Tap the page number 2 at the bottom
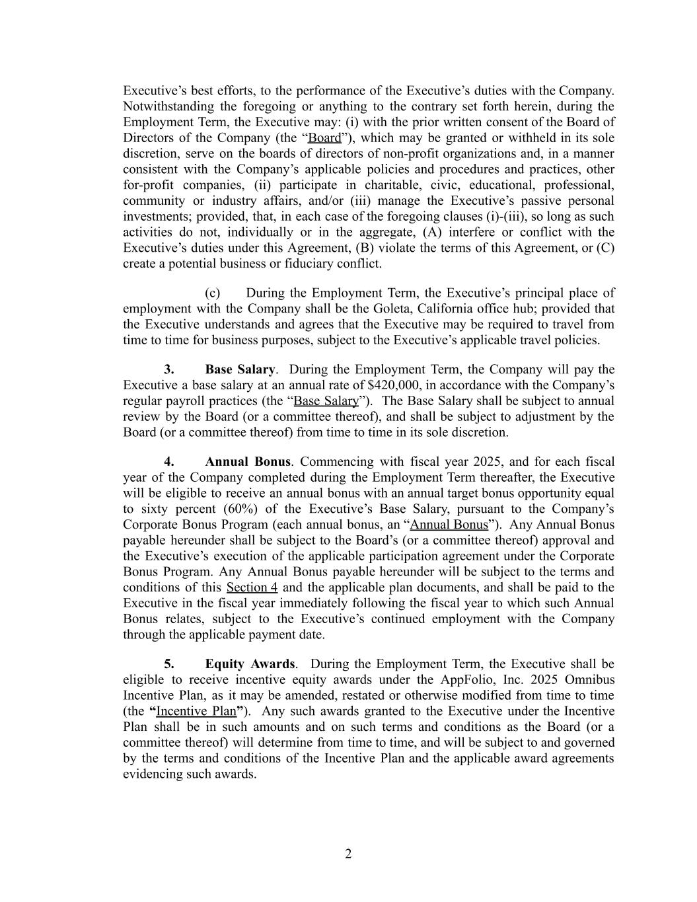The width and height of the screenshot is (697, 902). coord(348,854)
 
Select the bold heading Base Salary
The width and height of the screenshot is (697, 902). coord(240,369)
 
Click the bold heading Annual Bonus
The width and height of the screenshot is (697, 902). coord(248,461)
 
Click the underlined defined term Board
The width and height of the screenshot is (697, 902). coord(324,138)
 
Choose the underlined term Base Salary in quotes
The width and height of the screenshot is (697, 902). coord(326,401)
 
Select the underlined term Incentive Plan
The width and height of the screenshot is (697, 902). coord(196,711)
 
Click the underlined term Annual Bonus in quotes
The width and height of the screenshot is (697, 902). coord(449,525)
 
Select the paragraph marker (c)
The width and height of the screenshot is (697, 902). coord(212,293)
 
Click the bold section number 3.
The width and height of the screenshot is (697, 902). coord(169,369)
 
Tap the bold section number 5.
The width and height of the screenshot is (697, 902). coord(169,663)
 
